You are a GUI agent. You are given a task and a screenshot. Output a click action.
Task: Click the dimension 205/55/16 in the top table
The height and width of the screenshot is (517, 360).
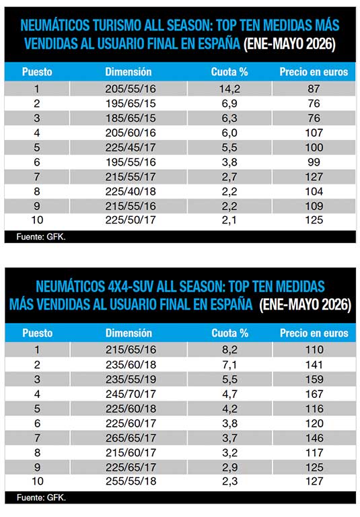click(x=131, y=89)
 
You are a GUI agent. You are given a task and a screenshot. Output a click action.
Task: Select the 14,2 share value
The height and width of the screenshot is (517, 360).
click(x=229, y=89)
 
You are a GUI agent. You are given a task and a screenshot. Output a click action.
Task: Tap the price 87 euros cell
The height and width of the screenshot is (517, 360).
click(x=314, y=89)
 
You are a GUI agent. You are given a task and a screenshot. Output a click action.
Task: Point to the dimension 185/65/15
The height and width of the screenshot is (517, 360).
click(x=131, y=118)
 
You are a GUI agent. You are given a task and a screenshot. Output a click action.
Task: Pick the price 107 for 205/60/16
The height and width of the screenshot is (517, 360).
click(x=314, y=133)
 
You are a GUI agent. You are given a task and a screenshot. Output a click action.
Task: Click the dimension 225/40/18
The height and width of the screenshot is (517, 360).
click(x=131, y=191)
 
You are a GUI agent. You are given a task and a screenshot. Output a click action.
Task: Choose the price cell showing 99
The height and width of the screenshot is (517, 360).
click(x=314, y=162)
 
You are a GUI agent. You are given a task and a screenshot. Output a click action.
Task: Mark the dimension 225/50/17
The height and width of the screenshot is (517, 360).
click(x=131, y=220)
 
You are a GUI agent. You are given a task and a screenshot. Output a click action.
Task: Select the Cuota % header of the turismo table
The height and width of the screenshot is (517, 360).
click(x=229, y=72)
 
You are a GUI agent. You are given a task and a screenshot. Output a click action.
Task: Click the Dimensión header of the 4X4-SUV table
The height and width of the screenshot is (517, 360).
click(x=129, y=333)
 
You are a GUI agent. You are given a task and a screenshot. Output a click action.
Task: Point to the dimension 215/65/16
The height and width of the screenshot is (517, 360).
click(x=131, y=349)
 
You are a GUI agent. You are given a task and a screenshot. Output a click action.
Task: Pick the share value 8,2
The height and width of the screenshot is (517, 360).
click(x=229, y=349)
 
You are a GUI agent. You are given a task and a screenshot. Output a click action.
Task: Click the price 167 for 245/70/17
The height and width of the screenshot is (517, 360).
click(x=314, y=394)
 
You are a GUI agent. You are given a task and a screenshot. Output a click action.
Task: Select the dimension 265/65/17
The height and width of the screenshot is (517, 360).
click(x=131, y=438)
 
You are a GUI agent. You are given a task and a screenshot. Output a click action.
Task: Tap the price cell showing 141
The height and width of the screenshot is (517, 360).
click(x=314, y=365)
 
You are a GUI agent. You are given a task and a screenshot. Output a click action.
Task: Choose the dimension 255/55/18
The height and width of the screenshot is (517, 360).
click(x=131, y=481)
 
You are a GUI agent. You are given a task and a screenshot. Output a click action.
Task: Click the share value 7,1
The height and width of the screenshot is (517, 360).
click(x=229, y=365)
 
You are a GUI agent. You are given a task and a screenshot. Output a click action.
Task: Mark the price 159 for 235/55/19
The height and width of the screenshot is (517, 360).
click(x=314, y=379)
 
